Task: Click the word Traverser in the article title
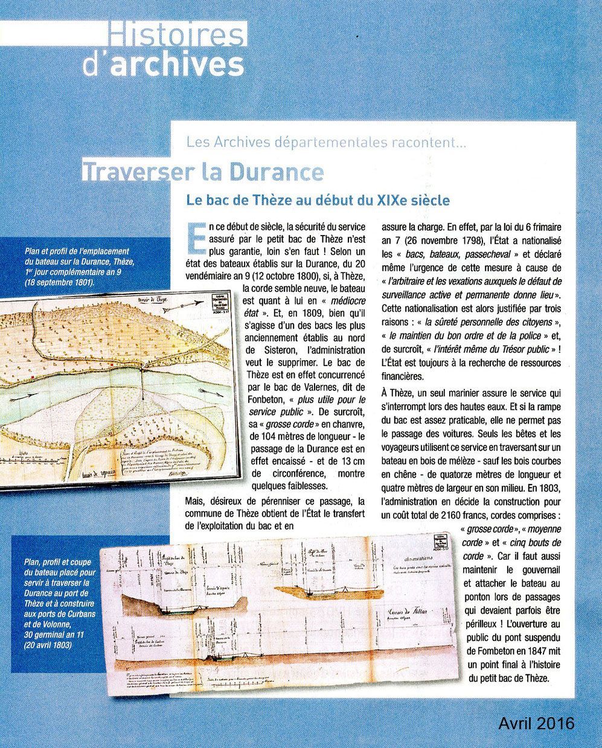pyautogui.click(x=132, y=172)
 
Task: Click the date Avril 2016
pyautogui.click(x=536, y=723)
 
